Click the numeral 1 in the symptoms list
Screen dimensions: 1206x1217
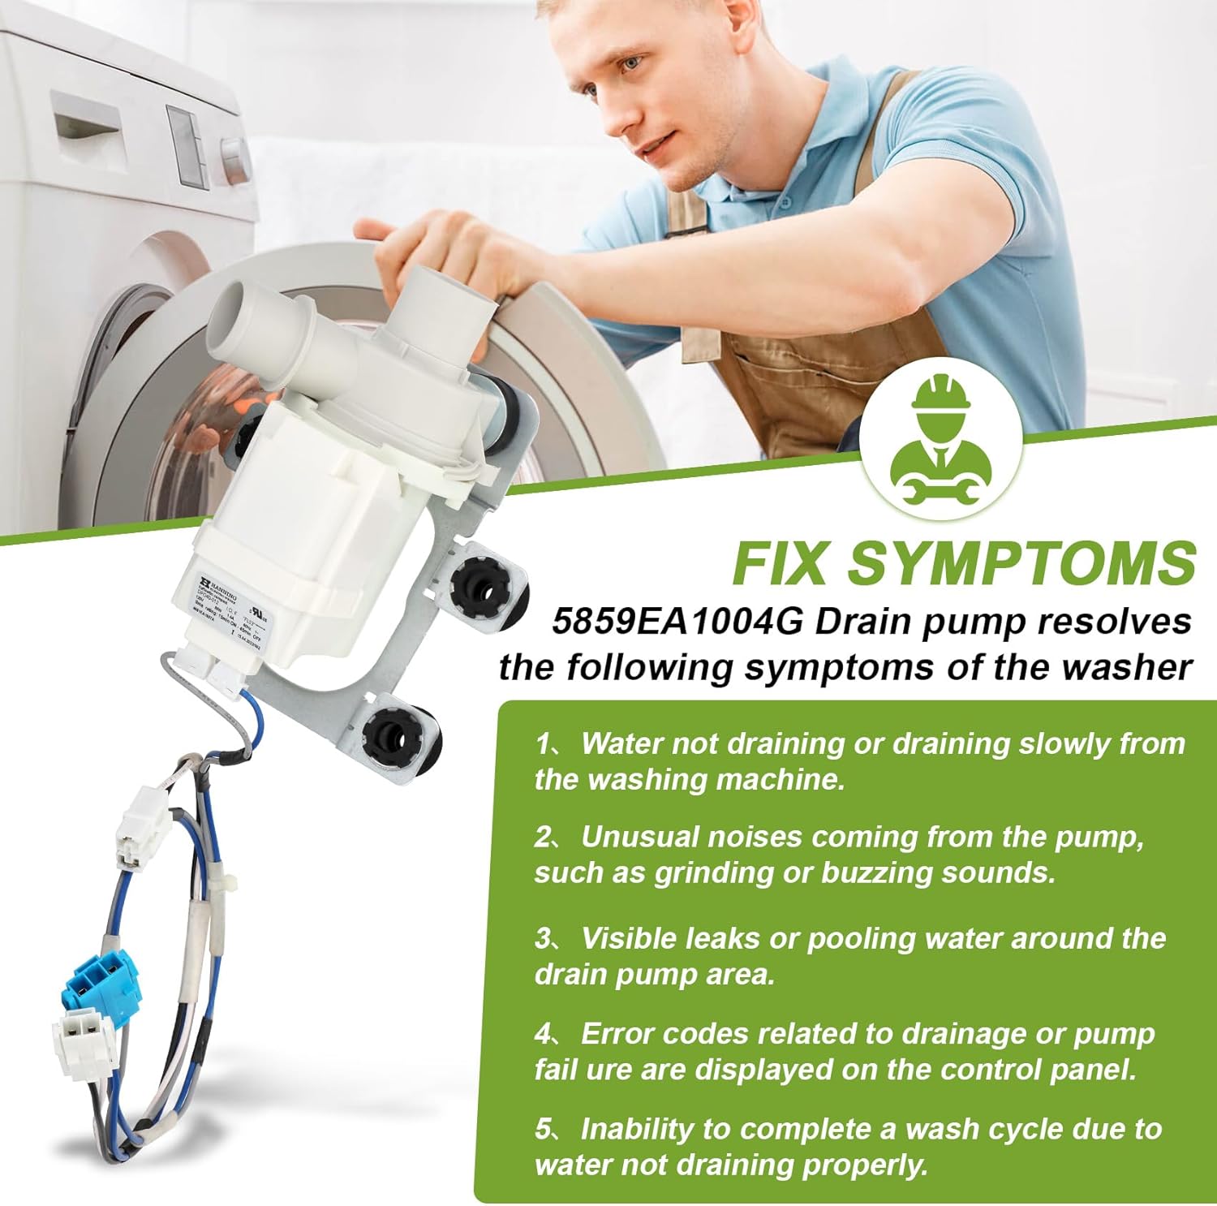[x=543, y=743]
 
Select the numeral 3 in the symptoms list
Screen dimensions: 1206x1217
[x=544, y=938]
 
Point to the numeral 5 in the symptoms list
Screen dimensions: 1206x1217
[x=543, y=1129]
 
